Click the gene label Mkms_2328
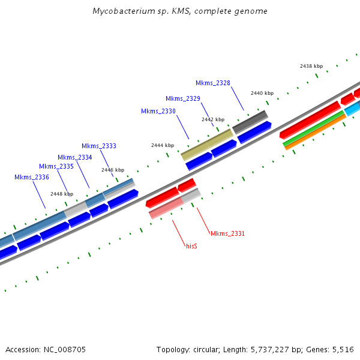pos(213,83)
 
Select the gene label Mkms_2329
pos(183,98)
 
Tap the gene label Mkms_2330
pos(158,111)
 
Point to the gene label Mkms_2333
pos(99,146)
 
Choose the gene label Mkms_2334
pos(75,157)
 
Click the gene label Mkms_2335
pos(56,166)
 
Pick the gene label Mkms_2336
pos(32,177)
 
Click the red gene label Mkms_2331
pos(227,233)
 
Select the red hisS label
pos(191,246)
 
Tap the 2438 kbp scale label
pos(311,66)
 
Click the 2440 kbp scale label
pos(262,93)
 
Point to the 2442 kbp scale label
pos(213,119)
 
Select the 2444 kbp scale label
pos(163,145)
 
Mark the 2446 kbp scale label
pos(113,170)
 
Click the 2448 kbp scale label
pos(62,194)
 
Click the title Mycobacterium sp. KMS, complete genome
pos(180,11)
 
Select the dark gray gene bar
pos(250,122)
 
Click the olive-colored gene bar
pos(206,145)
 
